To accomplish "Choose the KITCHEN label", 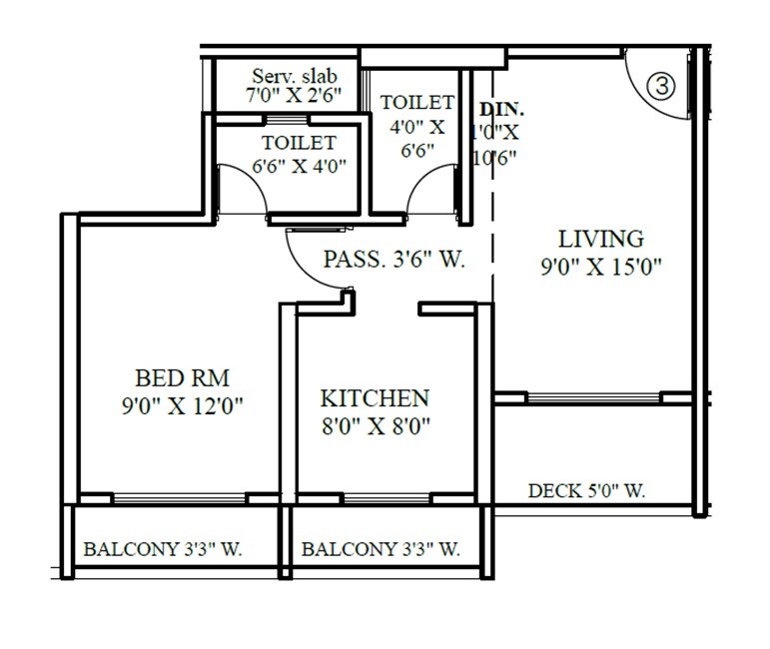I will (x=375, y=397).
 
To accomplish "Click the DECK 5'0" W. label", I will (x=586, y=490).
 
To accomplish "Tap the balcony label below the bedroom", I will (x=164, y=549).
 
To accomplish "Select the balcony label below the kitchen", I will (x=381, y=549).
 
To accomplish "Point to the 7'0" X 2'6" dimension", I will (x=294, y=97).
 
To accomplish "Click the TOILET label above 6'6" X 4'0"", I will (x=299, y=144).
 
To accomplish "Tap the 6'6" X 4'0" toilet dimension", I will (x=297, y=166).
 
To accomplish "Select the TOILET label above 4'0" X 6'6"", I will (x=417, y=103).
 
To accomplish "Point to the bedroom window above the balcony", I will (x=180, y=498).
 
